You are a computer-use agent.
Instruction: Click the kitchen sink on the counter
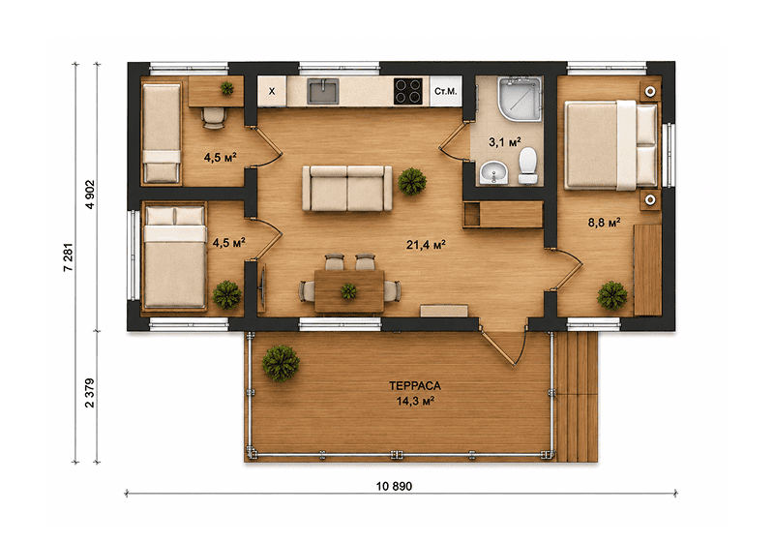(x=323, y=91)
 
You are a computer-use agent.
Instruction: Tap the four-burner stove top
(x=408, y=91)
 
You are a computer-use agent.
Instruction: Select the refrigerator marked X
(x=272, y=91)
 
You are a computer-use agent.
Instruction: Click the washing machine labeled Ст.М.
(x=446, y=91)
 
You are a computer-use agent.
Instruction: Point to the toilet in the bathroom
(x=527, y=166)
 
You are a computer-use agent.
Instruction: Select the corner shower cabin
(x=520, y=99)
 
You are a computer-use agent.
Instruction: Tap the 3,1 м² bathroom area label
(x=504, y=142)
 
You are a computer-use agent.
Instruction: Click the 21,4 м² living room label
(x=426, y=244)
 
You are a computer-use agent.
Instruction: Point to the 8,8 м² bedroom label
(x=604, y=223)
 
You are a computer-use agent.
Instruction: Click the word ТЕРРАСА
(x=415, y=385)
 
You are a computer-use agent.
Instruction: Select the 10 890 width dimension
(x=394, y=486)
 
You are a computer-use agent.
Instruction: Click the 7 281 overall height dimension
(x=68, y=256)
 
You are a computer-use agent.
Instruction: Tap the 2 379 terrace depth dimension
(x=89, y=393)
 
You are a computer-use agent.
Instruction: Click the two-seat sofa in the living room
(x=347, y=188)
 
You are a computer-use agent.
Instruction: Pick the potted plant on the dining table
(x=348, y=291)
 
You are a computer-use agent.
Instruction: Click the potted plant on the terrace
(x=281, y=363)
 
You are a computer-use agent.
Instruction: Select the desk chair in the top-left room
(x=214, y=118)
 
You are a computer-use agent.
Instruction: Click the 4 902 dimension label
(x=89, y=195)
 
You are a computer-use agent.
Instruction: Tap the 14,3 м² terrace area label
(x=415, y=401)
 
